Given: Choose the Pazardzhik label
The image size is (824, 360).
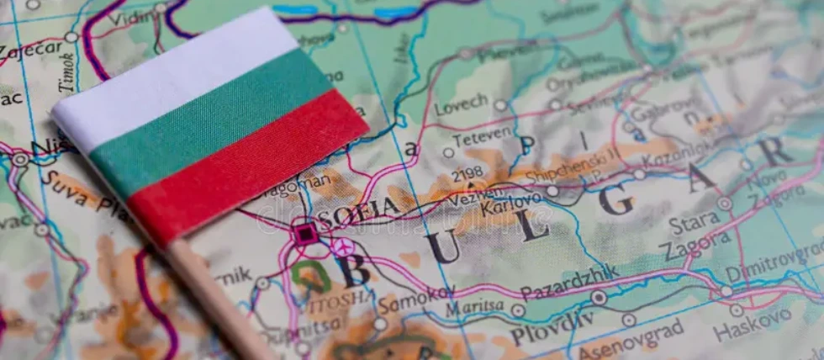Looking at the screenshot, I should point(569,283).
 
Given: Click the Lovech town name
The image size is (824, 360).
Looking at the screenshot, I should point(461,104).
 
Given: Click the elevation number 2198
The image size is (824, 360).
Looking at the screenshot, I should point(467,173).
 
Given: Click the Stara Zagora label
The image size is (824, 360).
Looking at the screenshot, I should point(694,235).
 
